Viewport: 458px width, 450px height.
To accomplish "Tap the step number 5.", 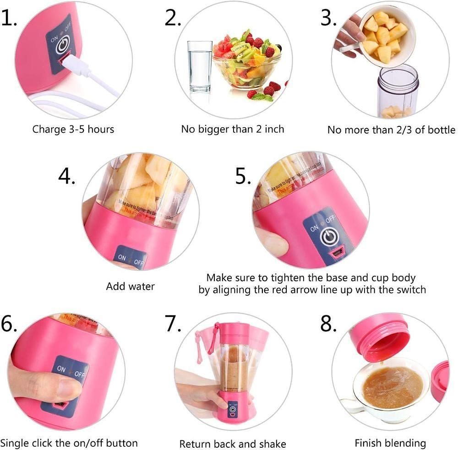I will coord(243,176).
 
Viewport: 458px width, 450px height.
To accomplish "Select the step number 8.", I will coord(328,324).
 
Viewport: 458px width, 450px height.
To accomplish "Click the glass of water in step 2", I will coord(200,66).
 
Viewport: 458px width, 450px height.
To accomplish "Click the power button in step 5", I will coord(329,237).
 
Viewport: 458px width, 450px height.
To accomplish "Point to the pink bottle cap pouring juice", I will coord(380,336).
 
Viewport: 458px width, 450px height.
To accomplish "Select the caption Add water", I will coord(131,287).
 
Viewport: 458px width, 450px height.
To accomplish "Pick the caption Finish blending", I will coord(390,443).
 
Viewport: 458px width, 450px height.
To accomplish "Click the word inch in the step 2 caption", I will coord(273,129).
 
